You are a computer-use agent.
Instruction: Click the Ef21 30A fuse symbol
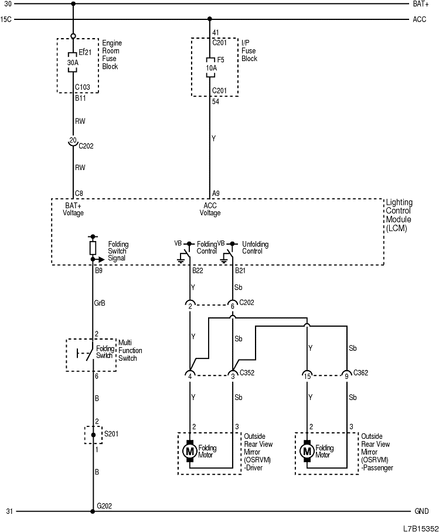[x=73, y=62]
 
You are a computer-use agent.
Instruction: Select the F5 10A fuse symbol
[x=210, y=65]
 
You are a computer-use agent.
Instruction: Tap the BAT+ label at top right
[x=421, y=4]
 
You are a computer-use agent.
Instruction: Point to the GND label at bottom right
[x=421, y=511]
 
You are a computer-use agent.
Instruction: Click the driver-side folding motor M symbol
[x=189, y=451]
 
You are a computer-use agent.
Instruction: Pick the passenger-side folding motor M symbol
[x=307, y=451]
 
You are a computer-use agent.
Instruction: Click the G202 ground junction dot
[x=93, y=511]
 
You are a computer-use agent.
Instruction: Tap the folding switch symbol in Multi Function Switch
[x=86, y=354]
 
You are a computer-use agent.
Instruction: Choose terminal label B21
[x=240, y=271]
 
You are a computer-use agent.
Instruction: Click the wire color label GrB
[x=100, y=303]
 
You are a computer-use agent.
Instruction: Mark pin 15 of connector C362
[x=307, y=375]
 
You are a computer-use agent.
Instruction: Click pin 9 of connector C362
[x=346, y=375]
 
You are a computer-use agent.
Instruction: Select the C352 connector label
[x=247, y=372]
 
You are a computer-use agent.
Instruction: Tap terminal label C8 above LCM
[x=79, y=193]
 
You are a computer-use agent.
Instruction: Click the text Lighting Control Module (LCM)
[x=399, y=215]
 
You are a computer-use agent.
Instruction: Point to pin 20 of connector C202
[x=73, y=140]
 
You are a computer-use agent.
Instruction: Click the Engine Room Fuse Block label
[x=110, y=55]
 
